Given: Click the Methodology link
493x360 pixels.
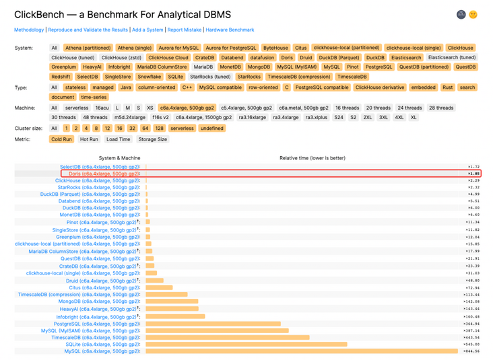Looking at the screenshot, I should pyautogui.click(x=29, y=30).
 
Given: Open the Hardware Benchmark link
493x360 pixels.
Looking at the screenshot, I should pyautogui.click(x=230, y=30).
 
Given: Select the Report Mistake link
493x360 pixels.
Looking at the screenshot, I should pyautogui.click(x=184, y=30).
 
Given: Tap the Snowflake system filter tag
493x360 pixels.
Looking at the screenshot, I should pyautogui.click(x=150, y=77).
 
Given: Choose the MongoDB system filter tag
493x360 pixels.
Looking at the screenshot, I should pyautogui.click(x=259, y=67).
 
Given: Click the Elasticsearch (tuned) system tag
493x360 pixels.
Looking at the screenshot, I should pyautogui.click(x=452, y=58).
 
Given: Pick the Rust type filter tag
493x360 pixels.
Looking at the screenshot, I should pyautogui.click(x=448, y=87).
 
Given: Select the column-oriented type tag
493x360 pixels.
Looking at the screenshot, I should pyautogui.click(x=157, y=87).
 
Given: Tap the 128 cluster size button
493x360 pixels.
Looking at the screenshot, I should pyautogui.click(x=159, y=128).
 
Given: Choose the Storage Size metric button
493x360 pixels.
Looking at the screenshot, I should pyautogui.click(x=153, y=139).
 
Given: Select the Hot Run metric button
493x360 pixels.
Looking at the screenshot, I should pyautogui.click(x=89, y=139).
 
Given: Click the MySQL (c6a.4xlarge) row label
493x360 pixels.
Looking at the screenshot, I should pyautogui.click(x=102, y=351).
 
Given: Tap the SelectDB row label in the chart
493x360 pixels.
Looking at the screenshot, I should pyautogui.click(x=100, y=167).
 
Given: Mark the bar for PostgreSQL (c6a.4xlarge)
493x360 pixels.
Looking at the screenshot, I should pyautogui.click(x=213, y=324).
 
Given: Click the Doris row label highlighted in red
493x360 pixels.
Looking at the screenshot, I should pyautogui.click(x=104, y=174).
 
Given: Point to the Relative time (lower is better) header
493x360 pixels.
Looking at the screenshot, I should pyautogui.click(x=313, y=158).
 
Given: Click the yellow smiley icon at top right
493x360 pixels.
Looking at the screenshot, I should pyautogui.click(x=473, y=14).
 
